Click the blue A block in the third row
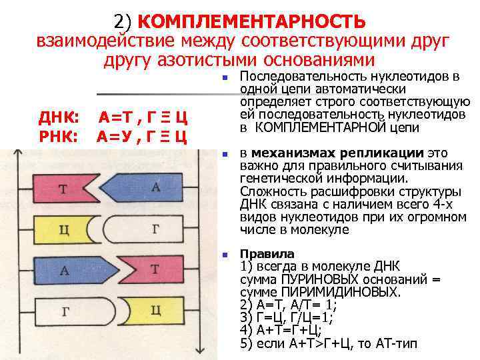coord(64,270)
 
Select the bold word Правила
coord(267,254)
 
